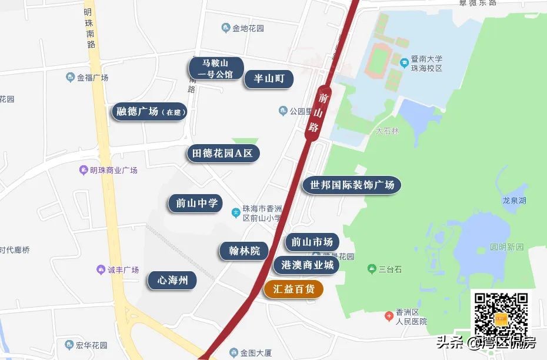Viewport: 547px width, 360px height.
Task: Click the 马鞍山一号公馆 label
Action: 215,68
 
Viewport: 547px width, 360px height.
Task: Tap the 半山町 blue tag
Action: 269,79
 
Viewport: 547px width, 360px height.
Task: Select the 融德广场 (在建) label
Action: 149,112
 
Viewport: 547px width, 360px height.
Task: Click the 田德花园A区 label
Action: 223,154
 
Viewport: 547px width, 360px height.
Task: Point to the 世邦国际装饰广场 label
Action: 352,185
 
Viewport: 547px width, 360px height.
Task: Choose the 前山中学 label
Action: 196,204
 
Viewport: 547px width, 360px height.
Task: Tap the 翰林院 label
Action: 244,251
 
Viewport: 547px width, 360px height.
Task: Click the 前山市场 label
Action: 312,242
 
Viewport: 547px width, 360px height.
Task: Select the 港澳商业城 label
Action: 307,265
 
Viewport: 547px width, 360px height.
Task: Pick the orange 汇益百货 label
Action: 293,289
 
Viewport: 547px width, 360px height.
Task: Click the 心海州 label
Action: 172,280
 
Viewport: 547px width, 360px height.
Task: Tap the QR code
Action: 502,316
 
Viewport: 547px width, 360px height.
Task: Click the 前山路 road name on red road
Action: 318,111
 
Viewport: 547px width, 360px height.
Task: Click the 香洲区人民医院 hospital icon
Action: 389,316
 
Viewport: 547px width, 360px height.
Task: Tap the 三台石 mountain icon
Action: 371,269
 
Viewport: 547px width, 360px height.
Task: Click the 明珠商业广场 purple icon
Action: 84,171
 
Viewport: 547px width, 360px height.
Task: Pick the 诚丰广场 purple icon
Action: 101,270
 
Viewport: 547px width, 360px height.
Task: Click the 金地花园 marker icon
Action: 226,28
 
